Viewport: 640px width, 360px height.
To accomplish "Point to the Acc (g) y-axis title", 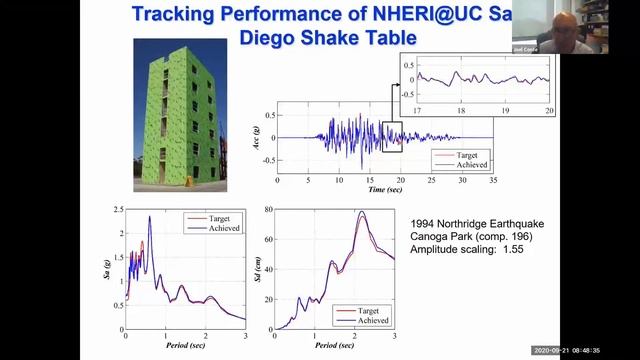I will tap(259, 137).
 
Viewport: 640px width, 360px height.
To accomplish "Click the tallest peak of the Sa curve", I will tap(149, 217).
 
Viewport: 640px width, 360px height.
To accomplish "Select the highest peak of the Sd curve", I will tap(362, 212).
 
